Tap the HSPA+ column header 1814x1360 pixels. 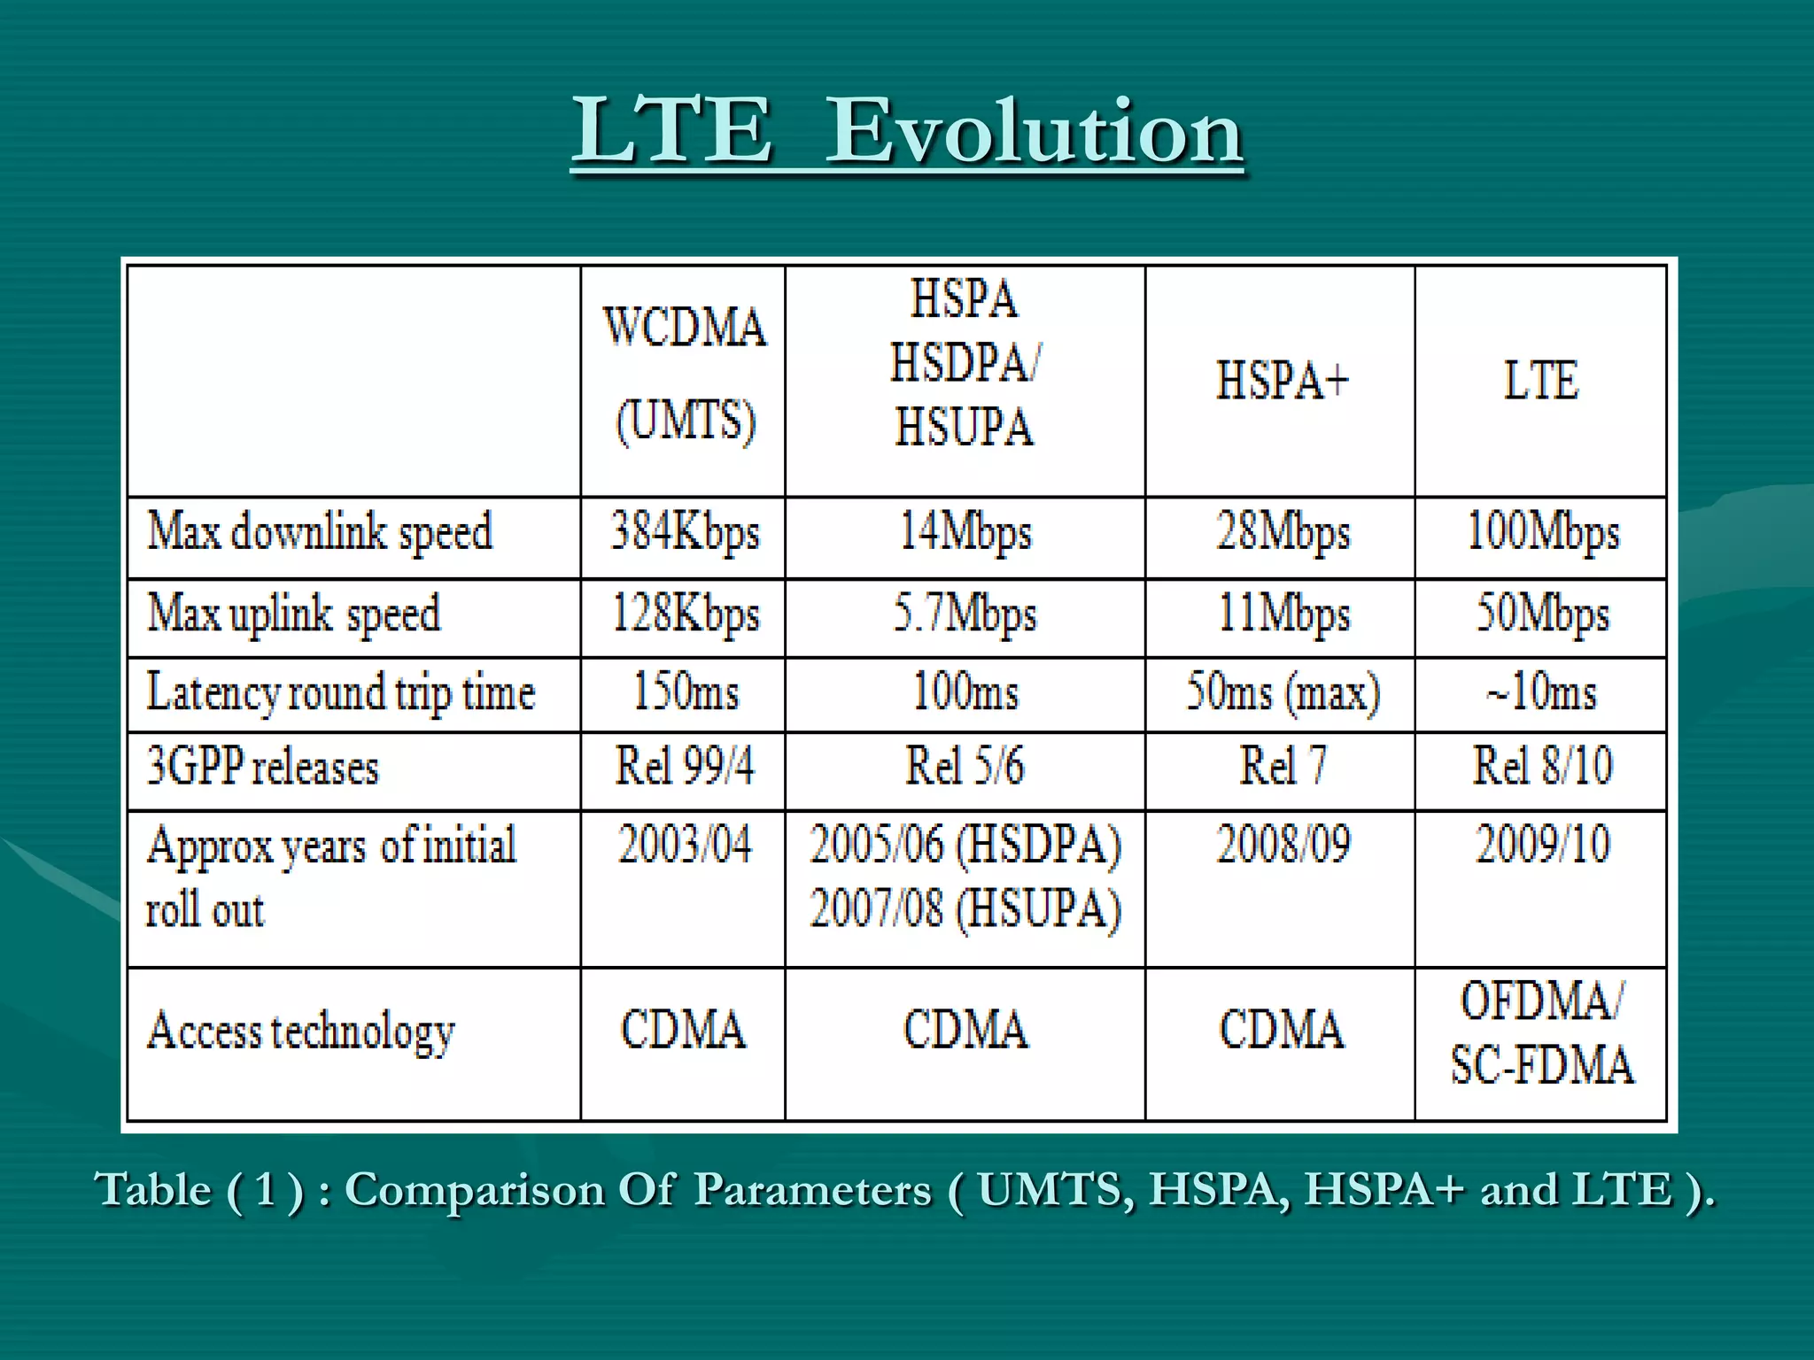1281,381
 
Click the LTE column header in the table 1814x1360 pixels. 1541,381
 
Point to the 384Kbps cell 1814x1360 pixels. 685,533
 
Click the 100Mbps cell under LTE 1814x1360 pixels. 1542,533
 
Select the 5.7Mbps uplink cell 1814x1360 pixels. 965,614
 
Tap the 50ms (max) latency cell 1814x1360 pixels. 1283,692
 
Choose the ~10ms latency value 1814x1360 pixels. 1541,692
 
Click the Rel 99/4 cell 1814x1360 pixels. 685,767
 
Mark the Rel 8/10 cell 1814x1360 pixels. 1542,767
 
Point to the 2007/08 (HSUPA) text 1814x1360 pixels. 965,908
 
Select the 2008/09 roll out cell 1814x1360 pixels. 1283,845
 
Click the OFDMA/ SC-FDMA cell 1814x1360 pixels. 1542,1032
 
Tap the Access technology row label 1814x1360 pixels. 301,1032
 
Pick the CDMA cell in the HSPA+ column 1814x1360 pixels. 1281,1031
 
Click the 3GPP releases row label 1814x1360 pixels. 262,767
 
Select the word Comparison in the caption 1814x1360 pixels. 474,1190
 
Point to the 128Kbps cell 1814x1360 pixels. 685,614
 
